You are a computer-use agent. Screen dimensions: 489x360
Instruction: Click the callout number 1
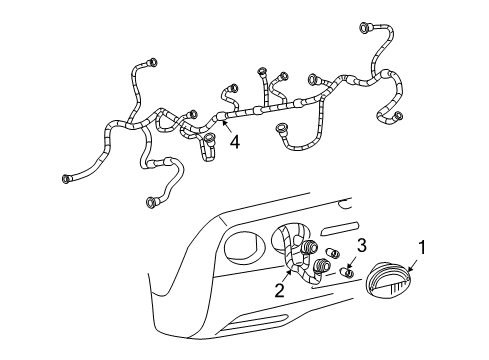(x=422, y=247)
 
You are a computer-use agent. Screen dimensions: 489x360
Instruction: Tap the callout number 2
(x=280, y=290)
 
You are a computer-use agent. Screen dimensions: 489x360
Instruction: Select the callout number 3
(x=362, y=245)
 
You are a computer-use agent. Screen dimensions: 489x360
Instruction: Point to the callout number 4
(x=235, y=142)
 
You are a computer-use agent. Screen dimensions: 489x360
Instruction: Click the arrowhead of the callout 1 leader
(x=409, y=269)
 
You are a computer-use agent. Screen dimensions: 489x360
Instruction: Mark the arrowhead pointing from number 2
(x=289, y=272)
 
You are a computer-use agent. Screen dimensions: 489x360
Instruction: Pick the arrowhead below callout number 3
(x=349, y=266)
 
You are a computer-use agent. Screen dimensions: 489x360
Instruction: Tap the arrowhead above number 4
(x=224, y=123)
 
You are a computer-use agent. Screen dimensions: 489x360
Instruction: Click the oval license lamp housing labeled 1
(x=387, y=279)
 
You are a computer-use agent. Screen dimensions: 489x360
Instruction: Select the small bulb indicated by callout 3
(x=347, y=273)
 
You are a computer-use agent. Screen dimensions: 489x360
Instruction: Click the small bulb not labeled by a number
(x=332, y=253)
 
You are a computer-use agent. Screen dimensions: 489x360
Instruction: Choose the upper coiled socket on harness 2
(x=309, y=247)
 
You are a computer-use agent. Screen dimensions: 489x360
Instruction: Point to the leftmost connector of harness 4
(x=66, y=179)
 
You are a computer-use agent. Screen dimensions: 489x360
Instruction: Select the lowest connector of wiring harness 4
(x=151, y=202)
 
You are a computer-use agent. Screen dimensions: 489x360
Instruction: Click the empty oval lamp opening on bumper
(x=245, y=247)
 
